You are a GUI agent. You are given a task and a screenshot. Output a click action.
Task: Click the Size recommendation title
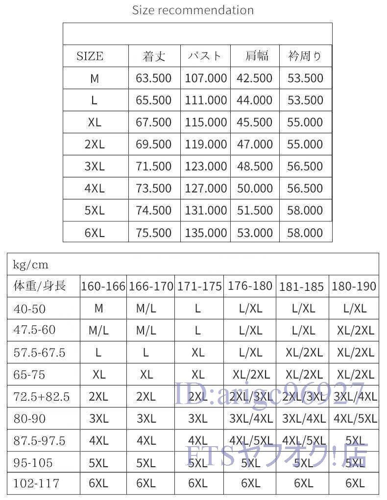click(x=193, y=10)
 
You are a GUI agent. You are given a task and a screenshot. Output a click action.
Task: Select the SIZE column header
click(x=90, y=56)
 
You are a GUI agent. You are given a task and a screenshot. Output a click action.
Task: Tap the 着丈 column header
click(x=154, y=56)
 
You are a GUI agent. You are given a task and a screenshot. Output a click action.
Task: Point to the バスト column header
click(x=205, y=56)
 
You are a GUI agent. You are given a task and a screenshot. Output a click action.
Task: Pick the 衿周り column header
click(x=305, y=56)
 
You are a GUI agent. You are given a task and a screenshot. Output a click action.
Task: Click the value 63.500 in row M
click(x=154, y=78)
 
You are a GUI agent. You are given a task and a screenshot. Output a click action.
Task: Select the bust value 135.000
click(x=206, y=233)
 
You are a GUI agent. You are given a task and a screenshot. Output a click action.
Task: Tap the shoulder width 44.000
click(x=255, y=100)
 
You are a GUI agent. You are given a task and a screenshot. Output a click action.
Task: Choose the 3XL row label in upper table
click(x=95, y=166)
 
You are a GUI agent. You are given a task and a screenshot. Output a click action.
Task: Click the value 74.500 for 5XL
click(x=154, y=210)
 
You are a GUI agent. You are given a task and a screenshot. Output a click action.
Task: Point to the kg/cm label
click(x=31, y=265)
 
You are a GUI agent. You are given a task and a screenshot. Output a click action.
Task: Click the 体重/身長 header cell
click(x=40, y=286)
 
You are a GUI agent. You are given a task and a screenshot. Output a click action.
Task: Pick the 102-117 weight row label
click(x=36, y=483)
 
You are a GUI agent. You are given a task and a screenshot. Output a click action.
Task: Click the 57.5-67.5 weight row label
click(x=39, y=352)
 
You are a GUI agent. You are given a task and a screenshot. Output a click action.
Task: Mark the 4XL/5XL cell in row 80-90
click(x=355, y=418)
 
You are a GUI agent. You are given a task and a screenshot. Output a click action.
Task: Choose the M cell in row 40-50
click(x=98, y=308)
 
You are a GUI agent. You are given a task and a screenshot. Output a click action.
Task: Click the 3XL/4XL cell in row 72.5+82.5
click(x=355, y=396)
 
